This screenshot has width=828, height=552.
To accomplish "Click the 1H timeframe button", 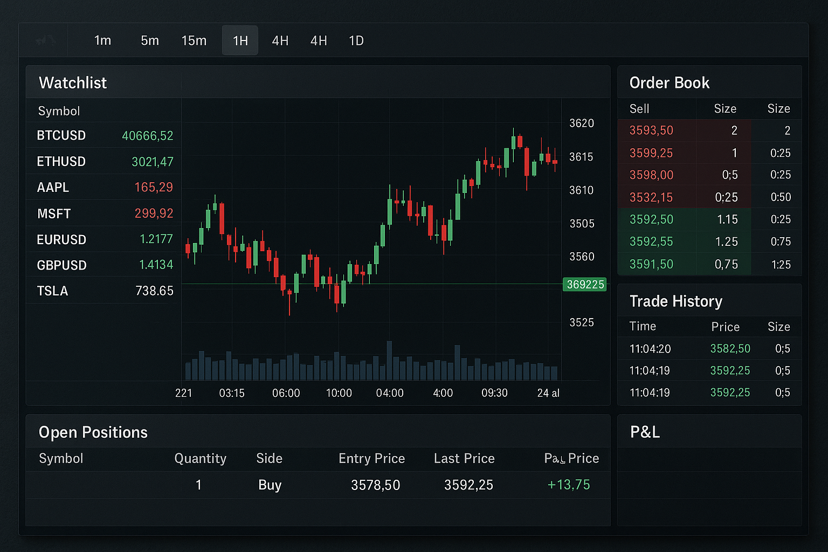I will click(240, 41).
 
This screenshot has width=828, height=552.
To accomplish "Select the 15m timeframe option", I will click(194, 41).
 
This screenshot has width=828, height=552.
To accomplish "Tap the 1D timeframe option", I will click(356, 41).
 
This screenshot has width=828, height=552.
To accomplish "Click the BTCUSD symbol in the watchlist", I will click(61, 135).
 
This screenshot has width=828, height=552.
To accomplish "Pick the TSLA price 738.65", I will click(155, 291).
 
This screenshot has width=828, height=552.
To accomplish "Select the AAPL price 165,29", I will click(154, 188).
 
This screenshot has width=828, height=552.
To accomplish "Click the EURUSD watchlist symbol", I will click(61, 239).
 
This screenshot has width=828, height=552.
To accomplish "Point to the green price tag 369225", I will click(585, 285).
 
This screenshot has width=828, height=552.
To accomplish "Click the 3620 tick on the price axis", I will click(582, 123).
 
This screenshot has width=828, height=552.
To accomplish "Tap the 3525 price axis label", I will click(582, 322).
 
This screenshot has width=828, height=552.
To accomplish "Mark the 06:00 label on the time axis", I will click(286, 393).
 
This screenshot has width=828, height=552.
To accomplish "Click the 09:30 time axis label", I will click(494, 393).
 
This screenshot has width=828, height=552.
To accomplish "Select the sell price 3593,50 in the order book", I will click(651, 130).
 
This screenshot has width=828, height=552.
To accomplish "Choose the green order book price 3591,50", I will click(651, 264).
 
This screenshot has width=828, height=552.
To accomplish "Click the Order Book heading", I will click(670, 83).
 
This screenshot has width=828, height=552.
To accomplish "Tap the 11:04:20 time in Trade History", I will click(650, 349).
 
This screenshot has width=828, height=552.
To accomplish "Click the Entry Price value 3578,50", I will click(376, 485).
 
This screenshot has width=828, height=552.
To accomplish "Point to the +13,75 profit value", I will click(569, 485).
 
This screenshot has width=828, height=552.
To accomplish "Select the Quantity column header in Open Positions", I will click(201, 459).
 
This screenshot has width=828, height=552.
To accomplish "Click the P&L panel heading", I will click(645, 432).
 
